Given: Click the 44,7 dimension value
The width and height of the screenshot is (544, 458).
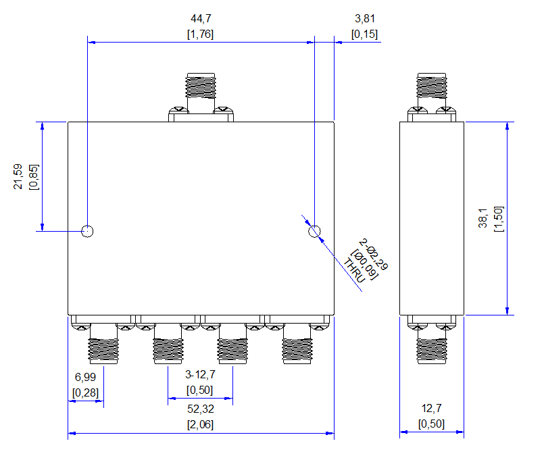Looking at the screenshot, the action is [x=201, y=18].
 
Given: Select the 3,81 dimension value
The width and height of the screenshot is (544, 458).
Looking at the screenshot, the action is [x=365, y=18].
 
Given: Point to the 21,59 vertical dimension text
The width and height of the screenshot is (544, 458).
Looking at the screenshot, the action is [x=18, y=176].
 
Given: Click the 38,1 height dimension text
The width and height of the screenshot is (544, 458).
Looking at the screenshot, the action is [x=483, y=218].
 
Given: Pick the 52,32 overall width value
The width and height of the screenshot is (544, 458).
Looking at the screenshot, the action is [x=201, y=409].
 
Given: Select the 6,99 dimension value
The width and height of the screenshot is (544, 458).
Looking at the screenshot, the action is [x=85, y=377].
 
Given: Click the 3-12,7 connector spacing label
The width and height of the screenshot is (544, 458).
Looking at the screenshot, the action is [x=200, y=374].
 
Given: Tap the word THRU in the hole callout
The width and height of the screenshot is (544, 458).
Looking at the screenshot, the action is [x=354, y=270].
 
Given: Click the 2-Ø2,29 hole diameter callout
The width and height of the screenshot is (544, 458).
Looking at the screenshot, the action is [x=373, y=254].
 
